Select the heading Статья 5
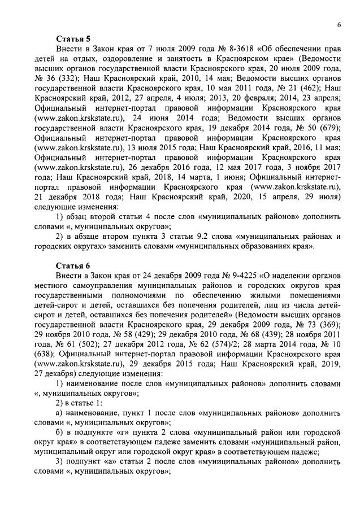click(x=73, y=38)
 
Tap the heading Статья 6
click(x=73, y=265)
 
